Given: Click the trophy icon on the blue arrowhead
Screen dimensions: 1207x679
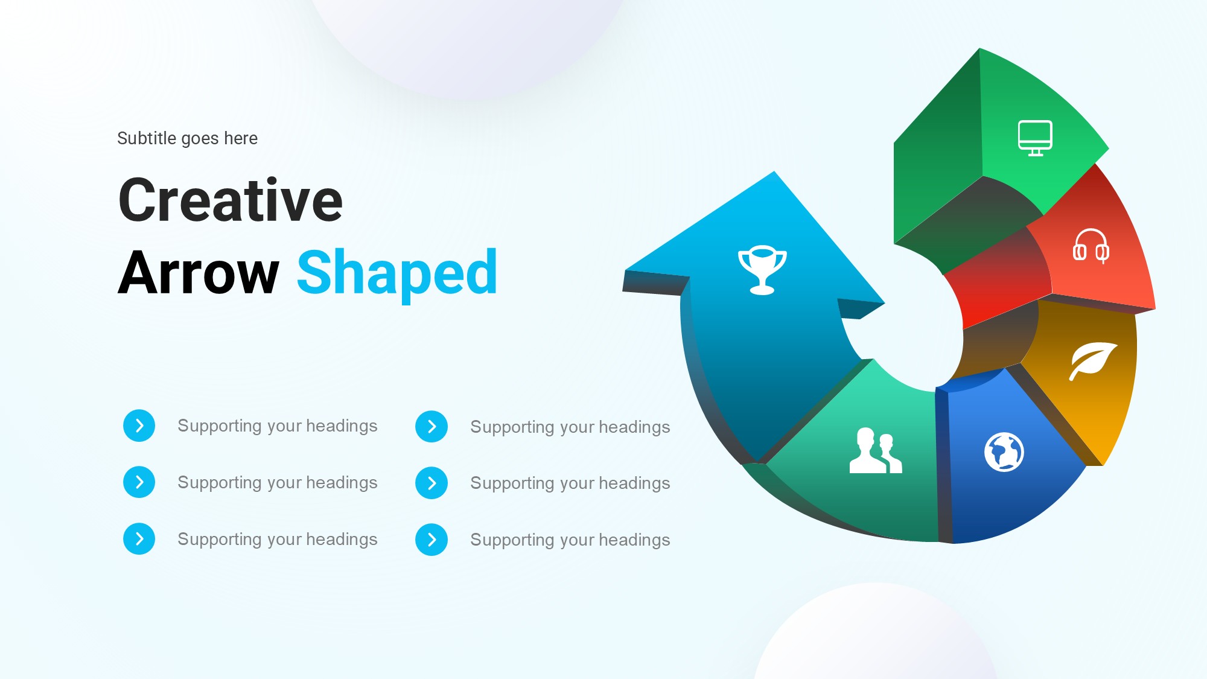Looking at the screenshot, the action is click(762, 270).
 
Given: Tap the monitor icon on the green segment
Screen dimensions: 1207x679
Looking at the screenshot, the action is click(1035, 138).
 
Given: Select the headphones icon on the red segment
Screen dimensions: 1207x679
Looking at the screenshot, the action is click(1091, 246).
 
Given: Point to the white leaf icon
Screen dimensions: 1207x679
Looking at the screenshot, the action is click(1092, 361).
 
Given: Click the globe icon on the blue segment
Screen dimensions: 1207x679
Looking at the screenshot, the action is click(1004, 452).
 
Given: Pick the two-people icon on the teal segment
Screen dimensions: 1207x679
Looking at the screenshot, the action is click(875, 450).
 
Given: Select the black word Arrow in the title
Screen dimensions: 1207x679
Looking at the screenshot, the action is click(199, 273).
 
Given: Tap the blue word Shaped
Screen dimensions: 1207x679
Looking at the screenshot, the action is click(397, 275).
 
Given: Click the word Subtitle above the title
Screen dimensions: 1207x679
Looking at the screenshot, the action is click(147, 138).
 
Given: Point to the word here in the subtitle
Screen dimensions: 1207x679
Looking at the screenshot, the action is click(241, 138).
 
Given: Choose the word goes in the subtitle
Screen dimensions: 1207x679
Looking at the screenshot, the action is click(200, 139).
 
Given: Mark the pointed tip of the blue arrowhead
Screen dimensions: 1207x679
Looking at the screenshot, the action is click(774, 172).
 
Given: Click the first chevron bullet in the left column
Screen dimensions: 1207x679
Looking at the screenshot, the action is click(139, 426).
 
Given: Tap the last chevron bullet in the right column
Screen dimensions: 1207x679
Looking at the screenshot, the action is click(432, 540).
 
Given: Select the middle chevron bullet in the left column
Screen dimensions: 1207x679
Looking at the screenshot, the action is click(139, 482).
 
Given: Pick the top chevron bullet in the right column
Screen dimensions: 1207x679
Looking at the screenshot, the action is click(432, 427).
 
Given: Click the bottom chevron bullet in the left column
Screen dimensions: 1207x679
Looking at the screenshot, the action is click(139, 538).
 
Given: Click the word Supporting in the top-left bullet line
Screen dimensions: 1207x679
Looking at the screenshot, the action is click(220, 427).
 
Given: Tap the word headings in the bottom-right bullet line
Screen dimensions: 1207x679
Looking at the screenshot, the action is click(634, 541).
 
